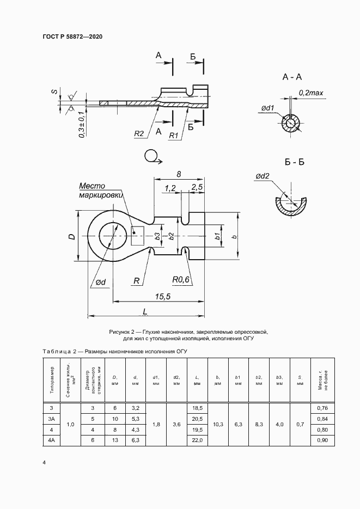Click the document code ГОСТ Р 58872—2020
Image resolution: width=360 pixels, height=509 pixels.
[x=72, y=36]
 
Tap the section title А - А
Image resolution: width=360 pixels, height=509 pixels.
[x=292, y=77]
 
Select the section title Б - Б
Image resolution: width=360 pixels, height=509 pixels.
[x=294, y=163]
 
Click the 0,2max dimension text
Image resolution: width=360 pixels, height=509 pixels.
[x=311, y=94]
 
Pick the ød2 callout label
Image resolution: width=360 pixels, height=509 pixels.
[x=262, y=176]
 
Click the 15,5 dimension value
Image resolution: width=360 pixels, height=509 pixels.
[x=163, y=296]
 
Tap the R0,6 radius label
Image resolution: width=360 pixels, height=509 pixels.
[x=181, y=280]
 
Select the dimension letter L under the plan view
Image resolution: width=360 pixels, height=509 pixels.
[x=145, y=311]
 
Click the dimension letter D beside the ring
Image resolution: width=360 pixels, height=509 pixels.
[x=72, y=237]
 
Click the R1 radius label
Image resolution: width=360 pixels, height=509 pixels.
[x=174, y=136]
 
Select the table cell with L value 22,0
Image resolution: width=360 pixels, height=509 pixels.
[x=197, y=439]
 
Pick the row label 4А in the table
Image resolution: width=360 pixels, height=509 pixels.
[x=52, y=439]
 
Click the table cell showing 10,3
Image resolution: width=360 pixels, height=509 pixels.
[x=217, y=424]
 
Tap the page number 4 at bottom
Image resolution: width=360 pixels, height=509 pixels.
[x=44, y=462]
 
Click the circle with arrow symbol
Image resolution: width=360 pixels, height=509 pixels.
[x=152, y=157]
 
